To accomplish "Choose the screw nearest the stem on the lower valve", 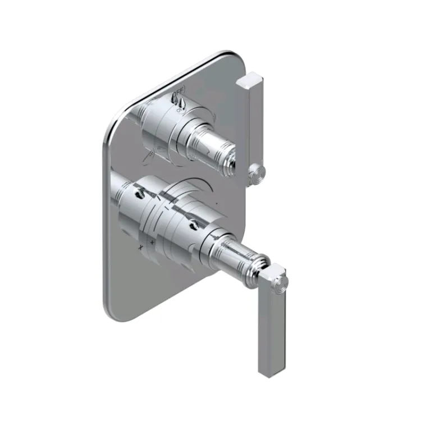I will point(193,224).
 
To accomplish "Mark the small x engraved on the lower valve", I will point(140,246).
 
